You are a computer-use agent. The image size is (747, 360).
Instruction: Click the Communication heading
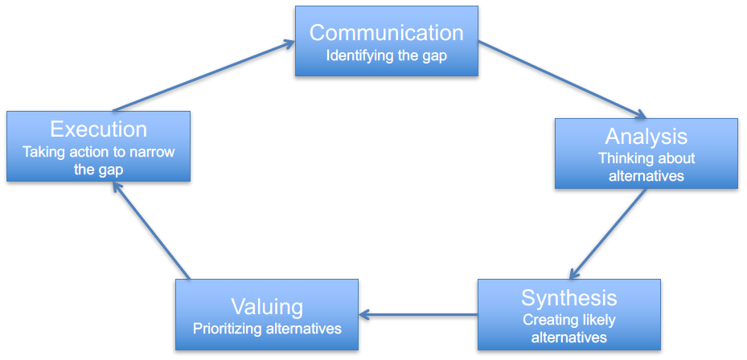(386, 32)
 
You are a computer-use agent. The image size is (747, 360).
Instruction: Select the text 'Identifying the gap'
(386, 55)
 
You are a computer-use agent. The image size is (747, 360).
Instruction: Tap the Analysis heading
(646, 137)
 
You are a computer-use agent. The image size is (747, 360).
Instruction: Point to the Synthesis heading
(568, 297)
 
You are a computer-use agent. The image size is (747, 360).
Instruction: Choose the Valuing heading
(267, 307)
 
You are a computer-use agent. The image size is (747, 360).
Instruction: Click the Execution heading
(99, 129)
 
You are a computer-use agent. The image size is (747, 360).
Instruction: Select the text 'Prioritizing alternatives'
(267, 329)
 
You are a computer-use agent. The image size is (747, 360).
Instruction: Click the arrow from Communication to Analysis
(562, 80)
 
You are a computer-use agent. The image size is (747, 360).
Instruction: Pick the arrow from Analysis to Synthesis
(608, 233)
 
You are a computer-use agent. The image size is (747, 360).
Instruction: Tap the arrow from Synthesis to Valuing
(418, 314)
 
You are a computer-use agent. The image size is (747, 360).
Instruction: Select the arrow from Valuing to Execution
(151, 231)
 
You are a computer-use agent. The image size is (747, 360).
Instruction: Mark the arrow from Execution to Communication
(204, 76)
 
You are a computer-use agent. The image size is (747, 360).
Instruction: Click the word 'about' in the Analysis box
(675, 158)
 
